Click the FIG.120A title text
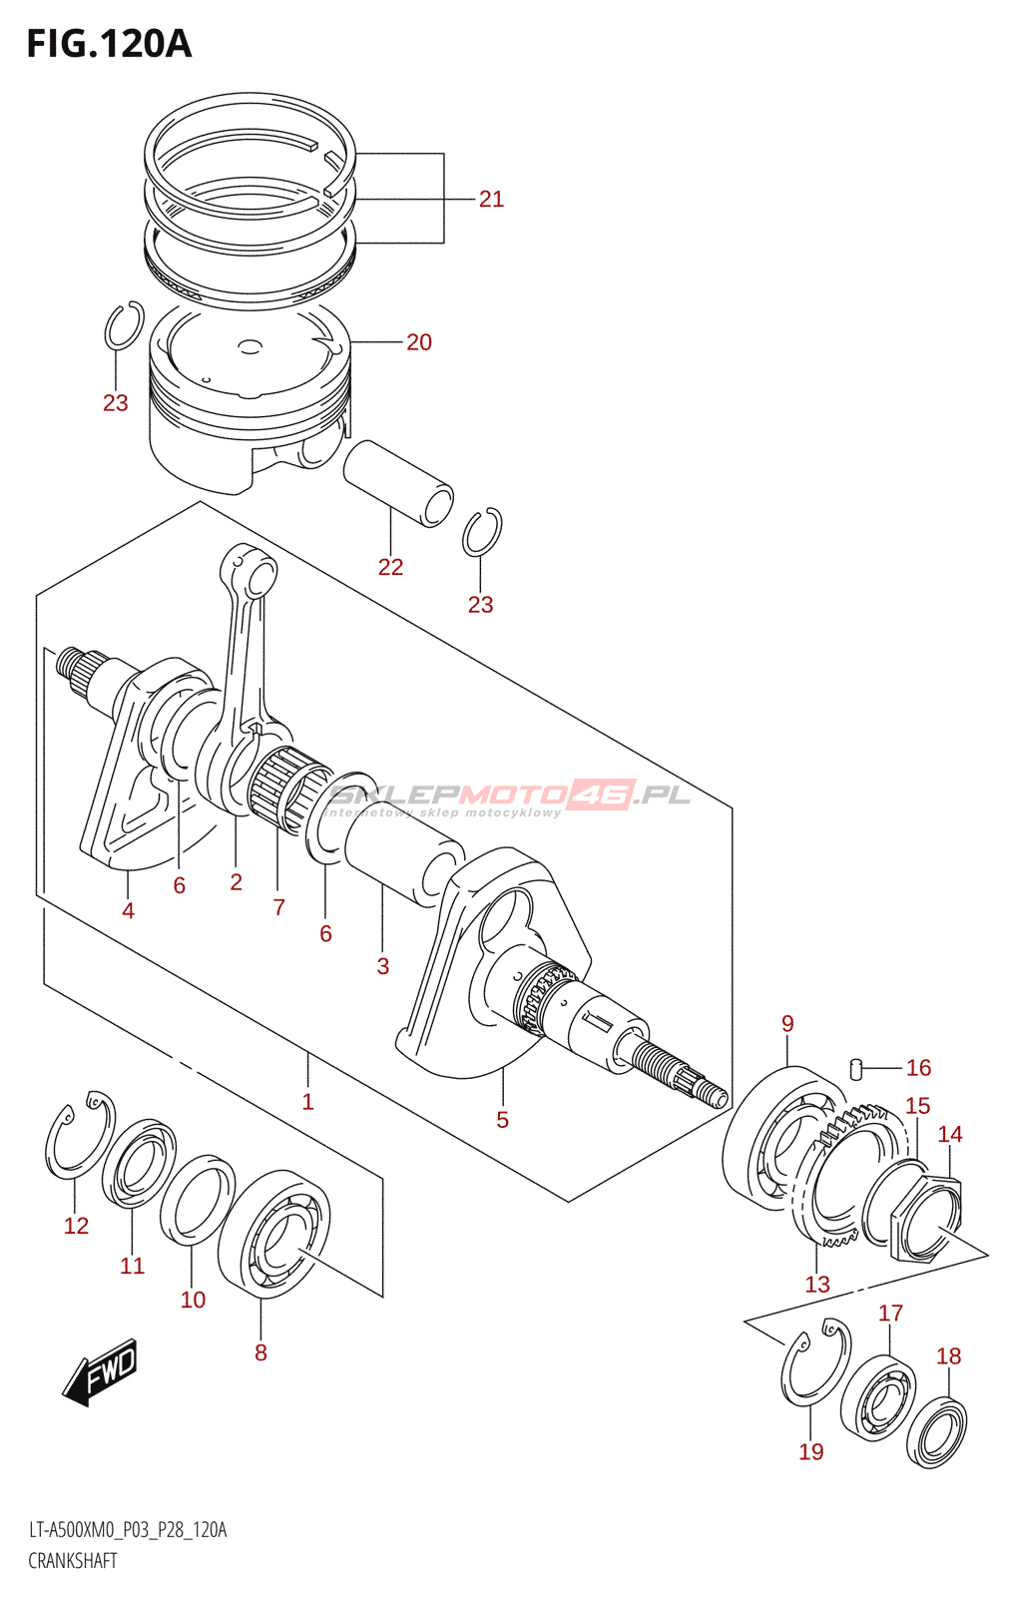tap(108, 44)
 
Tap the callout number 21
tap(491, 200)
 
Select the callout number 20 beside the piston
tap(419, 342)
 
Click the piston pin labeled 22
tap(397, 482)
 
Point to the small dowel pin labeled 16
tap(856, 1068)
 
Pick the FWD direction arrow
tap(101, 1371)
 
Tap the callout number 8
tap(260, 1353)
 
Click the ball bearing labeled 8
tap(274, 1235)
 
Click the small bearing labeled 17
tap(878, 1397)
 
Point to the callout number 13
tap(817, 1285)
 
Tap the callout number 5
tap(503, 1121)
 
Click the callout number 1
tap(308, 1102)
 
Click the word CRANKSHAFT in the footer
tap(73, 1561)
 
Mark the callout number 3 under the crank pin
tap(383, 966)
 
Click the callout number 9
tap(787, 1024)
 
